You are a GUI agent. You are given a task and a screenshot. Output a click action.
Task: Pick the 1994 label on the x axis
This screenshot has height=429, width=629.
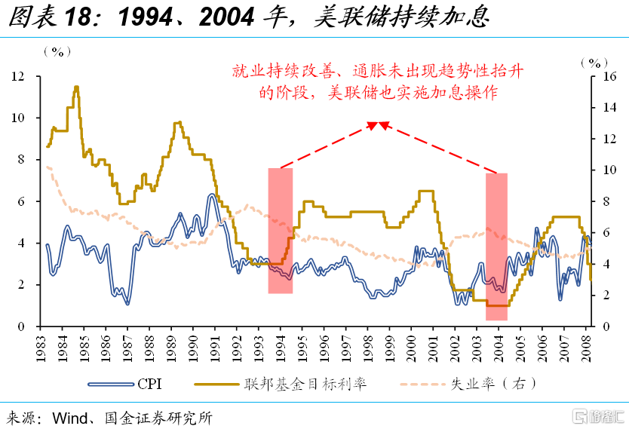(281, 346)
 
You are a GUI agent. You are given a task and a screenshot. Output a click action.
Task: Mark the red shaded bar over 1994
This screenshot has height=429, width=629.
(280, 230)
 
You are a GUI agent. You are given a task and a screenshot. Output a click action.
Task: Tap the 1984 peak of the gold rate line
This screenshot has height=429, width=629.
(76, 87)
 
